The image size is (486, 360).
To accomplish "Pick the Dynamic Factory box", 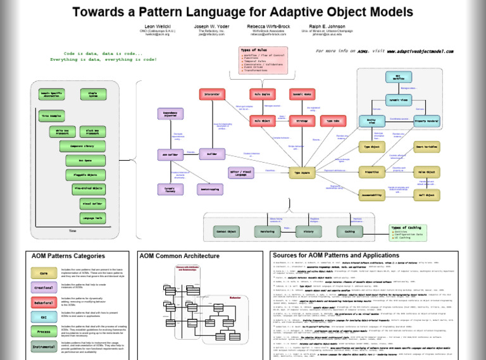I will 170,189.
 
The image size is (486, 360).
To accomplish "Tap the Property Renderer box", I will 426,120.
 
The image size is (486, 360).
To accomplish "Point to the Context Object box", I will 227,232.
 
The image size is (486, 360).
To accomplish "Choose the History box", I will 308,232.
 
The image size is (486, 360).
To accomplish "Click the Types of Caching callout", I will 406,232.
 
